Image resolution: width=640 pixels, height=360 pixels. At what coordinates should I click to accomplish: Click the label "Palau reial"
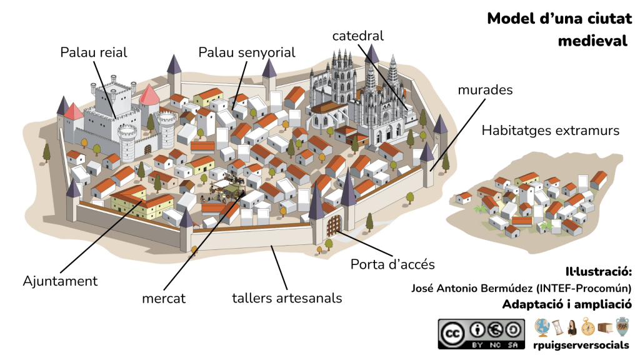coord(93,52)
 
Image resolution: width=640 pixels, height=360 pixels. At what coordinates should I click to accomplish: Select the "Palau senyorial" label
coord(246,52)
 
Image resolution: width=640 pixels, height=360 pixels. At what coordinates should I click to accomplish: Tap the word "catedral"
coord(357,36)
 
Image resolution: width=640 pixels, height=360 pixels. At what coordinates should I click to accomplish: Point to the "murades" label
coord(485,90)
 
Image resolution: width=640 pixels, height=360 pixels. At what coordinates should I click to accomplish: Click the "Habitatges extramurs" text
coord(551,131)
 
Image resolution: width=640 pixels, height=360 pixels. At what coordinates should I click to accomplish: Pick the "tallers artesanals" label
coord(287,297)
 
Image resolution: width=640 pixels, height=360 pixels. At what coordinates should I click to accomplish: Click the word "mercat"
coord(163,299)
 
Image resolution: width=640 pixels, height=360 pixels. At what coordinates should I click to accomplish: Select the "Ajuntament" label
coord(60,281)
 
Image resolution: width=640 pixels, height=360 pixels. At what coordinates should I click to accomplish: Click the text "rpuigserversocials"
coord(581,345)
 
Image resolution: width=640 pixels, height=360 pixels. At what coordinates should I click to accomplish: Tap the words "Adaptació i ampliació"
coord(566,304)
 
